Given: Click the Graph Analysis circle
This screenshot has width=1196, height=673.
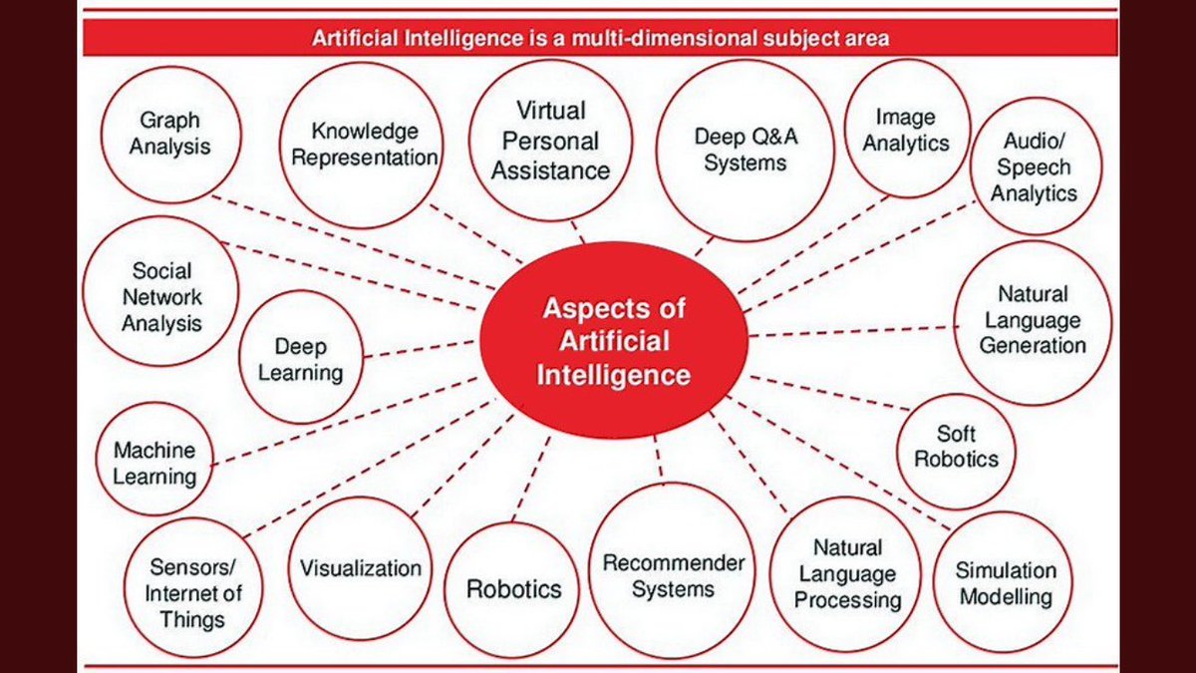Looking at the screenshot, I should point(175,134).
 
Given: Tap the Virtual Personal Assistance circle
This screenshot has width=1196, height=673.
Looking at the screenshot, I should point(550,141).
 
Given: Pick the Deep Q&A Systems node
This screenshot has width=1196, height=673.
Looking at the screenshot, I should point(746,151).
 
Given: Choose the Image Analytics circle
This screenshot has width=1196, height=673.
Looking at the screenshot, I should point(906,129).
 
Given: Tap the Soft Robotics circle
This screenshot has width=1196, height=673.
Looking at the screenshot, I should point(956,447).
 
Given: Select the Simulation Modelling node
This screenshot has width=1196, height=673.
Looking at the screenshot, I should point(1005,583).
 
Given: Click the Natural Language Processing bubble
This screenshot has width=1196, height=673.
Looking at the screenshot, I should point(847,574).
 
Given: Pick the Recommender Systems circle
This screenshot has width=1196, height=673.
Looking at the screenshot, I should point(673,576).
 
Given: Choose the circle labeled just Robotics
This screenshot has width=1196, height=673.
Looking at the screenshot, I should point(514,589).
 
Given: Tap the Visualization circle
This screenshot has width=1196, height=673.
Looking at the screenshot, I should point(361,568).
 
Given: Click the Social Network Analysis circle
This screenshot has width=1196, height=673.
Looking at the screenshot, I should point(161,297).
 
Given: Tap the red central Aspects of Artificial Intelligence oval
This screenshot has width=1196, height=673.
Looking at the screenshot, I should point(613,340).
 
